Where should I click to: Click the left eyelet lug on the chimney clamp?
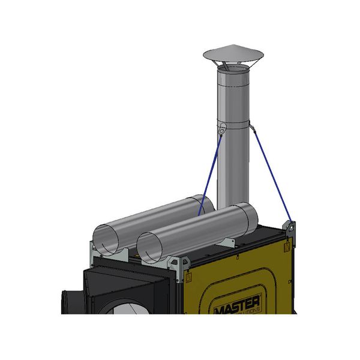coord(222,128)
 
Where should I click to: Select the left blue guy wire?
coord(211,174)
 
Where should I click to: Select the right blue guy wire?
coord(273,174)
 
